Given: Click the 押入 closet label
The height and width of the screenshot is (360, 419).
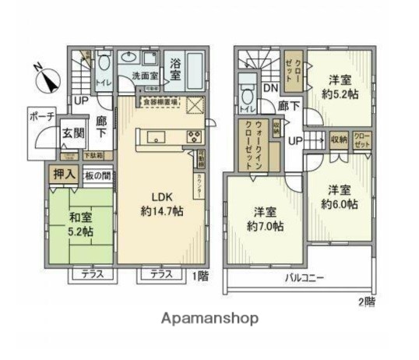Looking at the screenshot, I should click(64, 175).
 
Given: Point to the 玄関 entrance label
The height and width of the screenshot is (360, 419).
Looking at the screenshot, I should click(73, 133).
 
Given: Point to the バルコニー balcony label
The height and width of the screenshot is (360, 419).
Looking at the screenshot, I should click(304, 277).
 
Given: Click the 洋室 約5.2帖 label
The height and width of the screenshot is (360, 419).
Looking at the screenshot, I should click(336, 86).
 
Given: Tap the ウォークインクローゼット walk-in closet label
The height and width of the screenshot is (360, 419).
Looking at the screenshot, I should click(251, 146).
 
